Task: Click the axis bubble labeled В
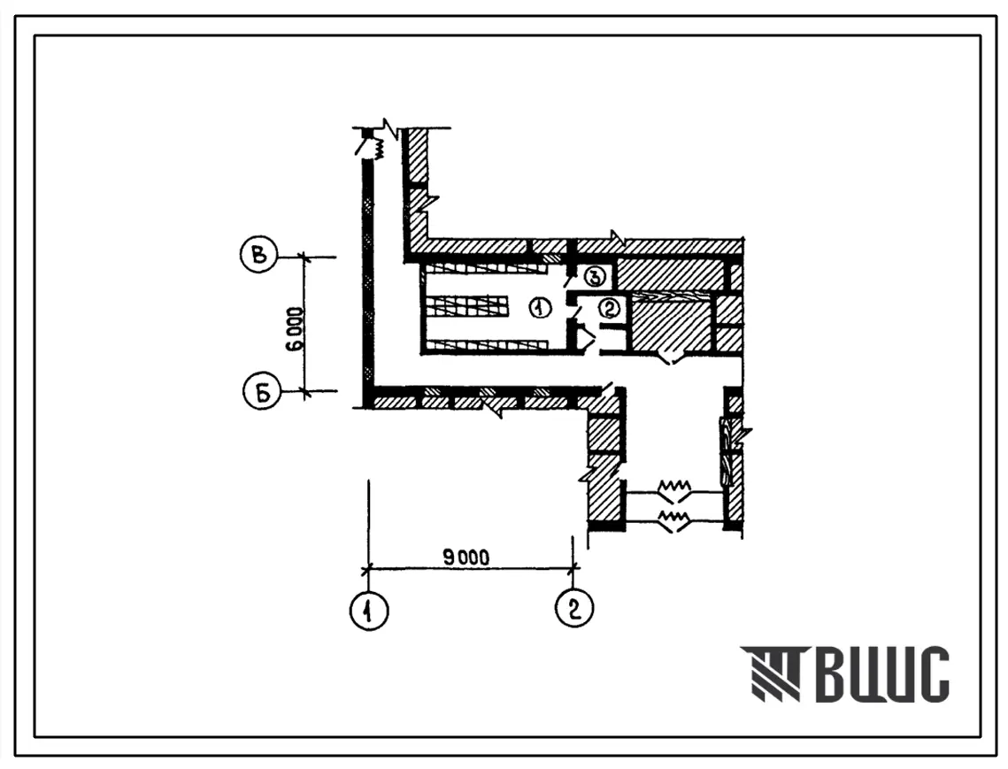258,255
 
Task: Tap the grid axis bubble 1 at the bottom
369,609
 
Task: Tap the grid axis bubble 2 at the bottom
574,608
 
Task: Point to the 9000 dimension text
466,557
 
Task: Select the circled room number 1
541,309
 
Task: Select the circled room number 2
609,309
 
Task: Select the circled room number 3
596,276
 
